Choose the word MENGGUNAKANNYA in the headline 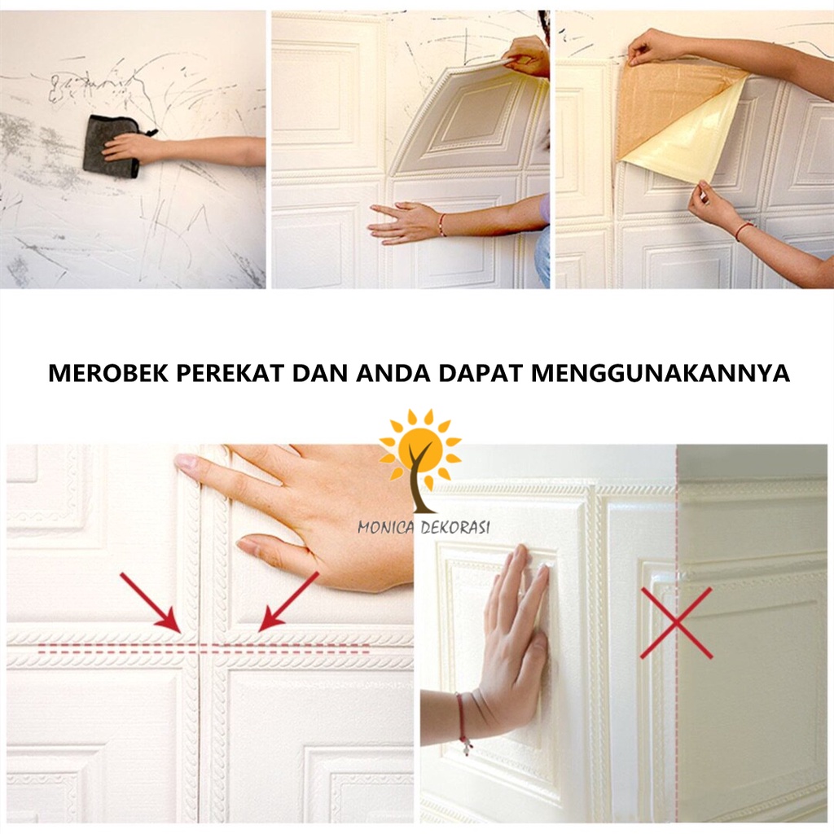(x=661, y=373)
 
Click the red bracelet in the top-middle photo (x=442, y=224)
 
